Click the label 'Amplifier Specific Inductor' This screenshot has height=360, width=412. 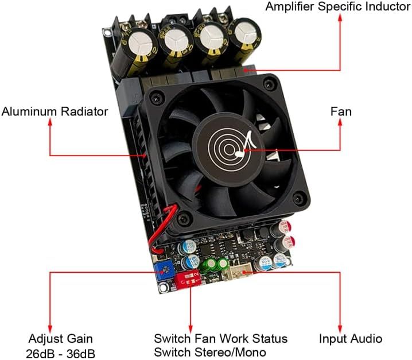pyautogui.click(x=338, y=6)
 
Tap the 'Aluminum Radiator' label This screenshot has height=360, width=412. pyautogui.click(x=55, y=111)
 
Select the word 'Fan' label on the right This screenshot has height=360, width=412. pyautogui.click(x=341, y=111)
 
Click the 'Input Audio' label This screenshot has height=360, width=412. pyautogui.click(x=351, y=339)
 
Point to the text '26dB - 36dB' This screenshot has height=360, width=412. pyautogui.click(x=60, y=354)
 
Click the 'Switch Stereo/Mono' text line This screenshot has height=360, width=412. pyautogui.click(x=210, y=353)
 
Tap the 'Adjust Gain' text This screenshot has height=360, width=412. pyautogui.click(x=60, y=339)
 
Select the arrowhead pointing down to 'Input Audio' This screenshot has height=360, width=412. pyautogui.click(x=340, y=329)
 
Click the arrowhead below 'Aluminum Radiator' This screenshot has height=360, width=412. pyautogui.click(x=50, y=122)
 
